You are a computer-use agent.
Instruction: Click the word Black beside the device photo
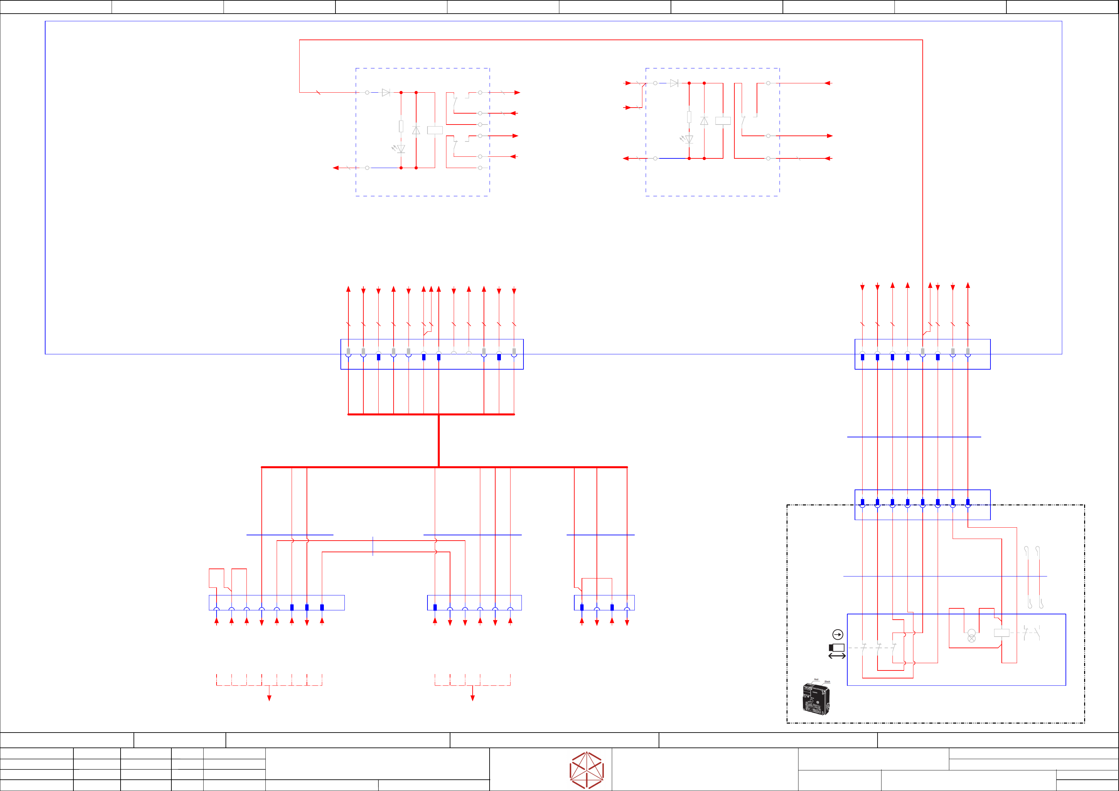(827, 682)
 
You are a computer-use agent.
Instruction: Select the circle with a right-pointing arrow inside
(837, 635)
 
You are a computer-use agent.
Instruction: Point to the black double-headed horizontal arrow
(837, 656)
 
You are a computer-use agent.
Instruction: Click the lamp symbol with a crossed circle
(971, 636)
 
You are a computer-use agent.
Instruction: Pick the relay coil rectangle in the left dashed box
(435, 130)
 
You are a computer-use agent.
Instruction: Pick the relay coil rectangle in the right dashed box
(723, 121)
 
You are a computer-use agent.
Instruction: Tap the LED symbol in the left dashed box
(400, 149)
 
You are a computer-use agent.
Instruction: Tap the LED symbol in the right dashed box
(688, 139)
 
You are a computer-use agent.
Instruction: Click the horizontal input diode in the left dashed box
(386, 93)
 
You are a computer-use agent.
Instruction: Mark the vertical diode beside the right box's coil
(704, 121)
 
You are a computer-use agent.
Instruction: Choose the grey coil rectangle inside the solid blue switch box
(1001, 633)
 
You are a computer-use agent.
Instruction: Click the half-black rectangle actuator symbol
(836, 648)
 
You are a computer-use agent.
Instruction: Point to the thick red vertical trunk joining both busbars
(439, 441)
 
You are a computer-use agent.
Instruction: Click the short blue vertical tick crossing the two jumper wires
(373, 546)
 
